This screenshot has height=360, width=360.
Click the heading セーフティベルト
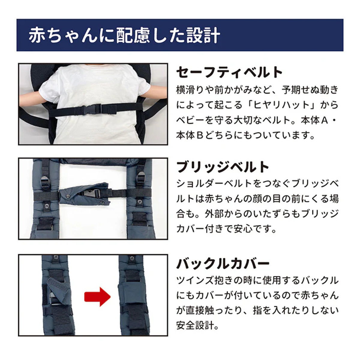point(229,73)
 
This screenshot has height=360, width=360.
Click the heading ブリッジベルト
point(223,167)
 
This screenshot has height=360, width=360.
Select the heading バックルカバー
point(223,264)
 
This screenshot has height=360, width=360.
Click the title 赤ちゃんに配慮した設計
point(124,35)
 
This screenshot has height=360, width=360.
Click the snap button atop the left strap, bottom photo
point(55,258)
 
